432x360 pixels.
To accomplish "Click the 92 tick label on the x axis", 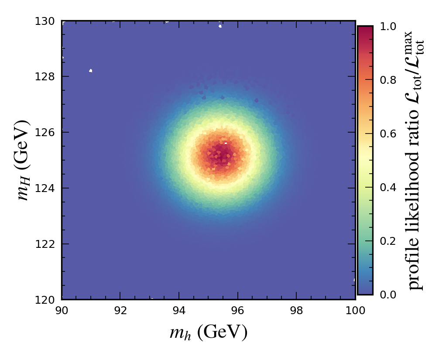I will pos(120,310).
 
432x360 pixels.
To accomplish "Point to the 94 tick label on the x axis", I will pos(179,310).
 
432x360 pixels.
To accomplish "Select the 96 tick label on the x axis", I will pos(238,310).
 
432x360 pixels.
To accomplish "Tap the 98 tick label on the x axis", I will pos(296,310).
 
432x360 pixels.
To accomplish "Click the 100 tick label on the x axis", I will pos(355,310).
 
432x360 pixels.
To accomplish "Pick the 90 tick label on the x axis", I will pos(62,310).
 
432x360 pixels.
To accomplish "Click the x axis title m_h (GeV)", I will pos(209,333).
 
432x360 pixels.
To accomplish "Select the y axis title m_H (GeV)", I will pos(24,160).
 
